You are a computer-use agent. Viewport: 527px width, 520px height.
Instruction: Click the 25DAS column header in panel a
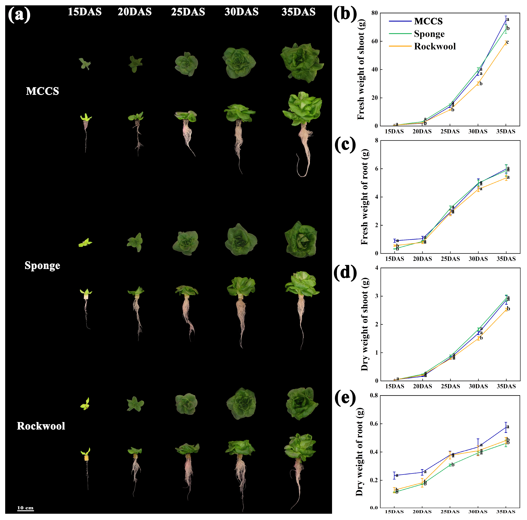click(188, 12)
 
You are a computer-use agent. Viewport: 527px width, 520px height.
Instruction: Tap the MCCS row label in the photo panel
click(42, 91)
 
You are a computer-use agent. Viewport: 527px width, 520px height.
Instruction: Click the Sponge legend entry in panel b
click(429, 34)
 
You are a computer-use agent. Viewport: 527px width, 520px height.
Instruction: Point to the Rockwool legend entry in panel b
click(435, 46)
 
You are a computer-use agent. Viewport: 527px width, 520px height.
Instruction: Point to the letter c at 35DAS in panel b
click(507, 42)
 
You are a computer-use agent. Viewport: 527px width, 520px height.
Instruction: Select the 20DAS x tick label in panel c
click(422, 259)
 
